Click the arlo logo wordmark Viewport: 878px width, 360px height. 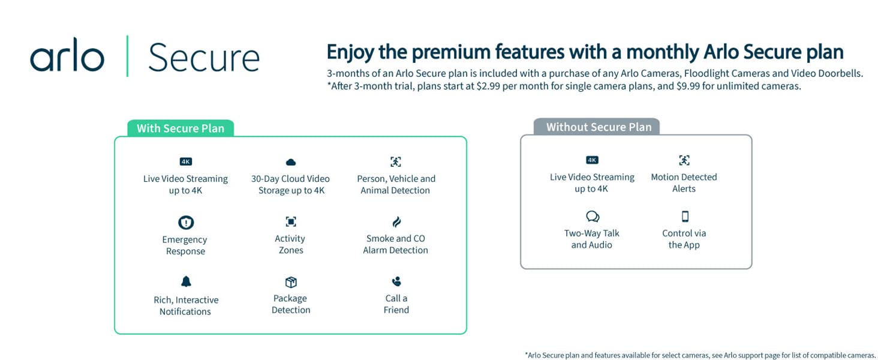67,55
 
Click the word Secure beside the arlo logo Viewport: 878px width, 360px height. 204,58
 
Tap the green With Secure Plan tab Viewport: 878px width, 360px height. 181,128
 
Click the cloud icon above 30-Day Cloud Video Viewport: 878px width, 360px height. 291,162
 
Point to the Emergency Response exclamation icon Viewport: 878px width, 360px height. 186,223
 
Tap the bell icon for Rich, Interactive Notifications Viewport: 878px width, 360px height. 186,281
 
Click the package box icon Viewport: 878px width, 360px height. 291,282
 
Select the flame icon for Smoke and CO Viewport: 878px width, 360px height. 396,222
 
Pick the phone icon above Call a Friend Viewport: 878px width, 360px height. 396,281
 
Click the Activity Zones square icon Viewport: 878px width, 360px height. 291,222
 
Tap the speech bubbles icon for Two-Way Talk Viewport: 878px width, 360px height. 593,217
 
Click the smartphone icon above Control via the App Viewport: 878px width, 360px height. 685,217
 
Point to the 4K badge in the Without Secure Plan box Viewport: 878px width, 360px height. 592,160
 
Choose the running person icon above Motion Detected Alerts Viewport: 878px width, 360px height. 684,160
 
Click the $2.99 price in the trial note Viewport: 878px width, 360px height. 488,86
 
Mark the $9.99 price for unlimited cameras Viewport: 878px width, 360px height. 688,86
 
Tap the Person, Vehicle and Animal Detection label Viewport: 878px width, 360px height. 396,184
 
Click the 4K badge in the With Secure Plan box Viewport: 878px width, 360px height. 186,161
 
